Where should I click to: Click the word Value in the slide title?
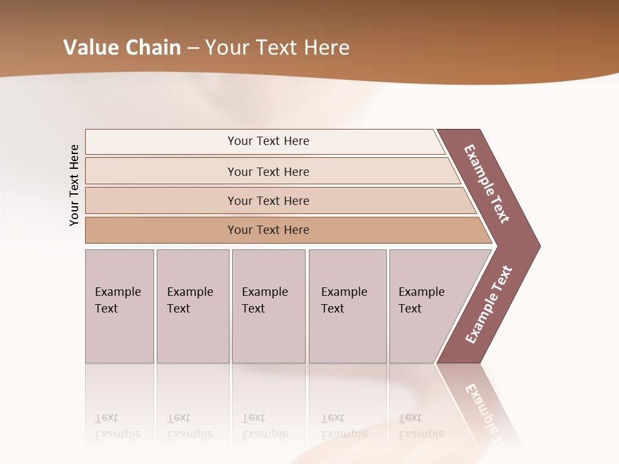90,48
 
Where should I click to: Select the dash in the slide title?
193,48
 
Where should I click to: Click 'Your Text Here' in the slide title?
277,48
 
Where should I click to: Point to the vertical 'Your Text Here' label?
74,186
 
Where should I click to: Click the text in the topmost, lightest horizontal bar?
268,141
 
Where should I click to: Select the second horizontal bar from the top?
268,171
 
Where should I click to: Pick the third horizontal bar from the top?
268,200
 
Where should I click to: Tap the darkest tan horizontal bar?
268,230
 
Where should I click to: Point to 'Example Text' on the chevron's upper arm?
487,184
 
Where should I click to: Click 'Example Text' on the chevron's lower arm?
488,305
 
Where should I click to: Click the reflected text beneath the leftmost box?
117,426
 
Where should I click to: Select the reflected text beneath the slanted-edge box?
421,426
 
